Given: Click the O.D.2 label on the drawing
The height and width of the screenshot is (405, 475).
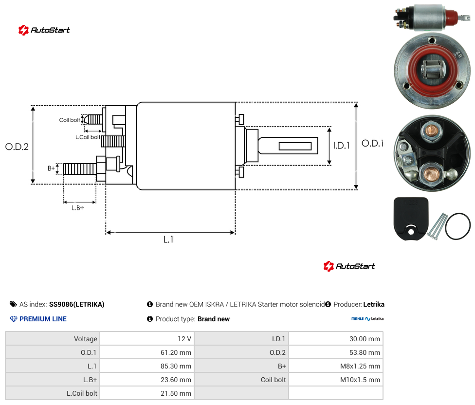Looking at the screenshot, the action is click(x=17, y=147).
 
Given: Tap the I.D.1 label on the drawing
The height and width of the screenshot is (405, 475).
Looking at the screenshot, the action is click(x=342, y=146).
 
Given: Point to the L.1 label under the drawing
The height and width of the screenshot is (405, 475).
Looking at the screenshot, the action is click(x=168, y=239).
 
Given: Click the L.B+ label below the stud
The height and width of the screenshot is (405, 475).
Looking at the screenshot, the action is click(x=78, y=208).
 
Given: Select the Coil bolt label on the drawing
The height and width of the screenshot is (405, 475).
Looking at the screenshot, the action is click(x=70, y=120).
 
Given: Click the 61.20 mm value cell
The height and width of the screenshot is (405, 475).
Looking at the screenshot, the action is click(x=147, y=352).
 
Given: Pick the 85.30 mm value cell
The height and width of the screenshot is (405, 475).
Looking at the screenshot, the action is click(x=147, y=366).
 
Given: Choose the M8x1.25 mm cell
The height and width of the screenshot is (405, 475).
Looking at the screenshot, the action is click(x=336, y=366).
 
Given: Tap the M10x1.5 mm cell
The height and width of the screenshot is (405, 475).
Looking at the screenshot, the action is click(x=336, y=380).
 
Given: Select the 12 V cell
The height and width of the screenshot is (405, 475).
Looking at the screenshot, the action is click(x=147, y=339).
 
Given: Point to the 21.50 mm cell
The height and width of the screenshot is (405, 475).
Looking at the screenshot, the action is click(x=147, y=393).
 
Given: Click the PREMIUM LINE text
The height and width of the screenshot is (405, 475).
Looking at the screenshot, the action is click(x=43, y=319).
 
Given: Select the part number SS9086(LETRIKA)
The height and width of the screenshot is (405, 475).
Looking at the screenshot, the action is click(x=76, y=304).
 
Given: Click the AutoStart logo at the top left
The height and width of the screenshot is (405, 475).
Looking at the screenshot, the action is click(x=44, y=30).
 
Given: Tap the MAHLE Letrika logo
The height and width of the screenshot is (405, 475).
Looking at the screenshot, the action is click(x=367, y=319).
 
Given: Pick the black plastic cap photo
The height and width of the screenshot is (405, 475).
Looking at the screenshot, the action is click(x=411, y=219).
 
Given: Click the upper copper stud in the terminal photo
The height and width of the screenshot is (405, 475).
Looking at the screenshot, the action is click(x=430, y=130).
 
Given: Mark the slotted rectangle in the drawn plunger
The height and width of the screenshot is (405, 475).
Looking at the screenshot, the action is click(x=295, y=147).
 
